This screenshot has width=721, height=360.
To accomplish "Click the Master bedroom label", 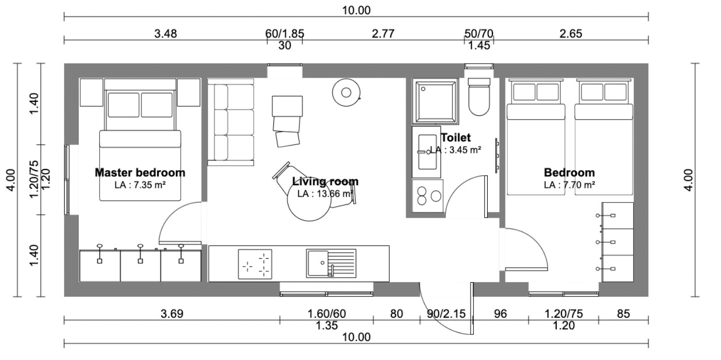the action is [140, 173].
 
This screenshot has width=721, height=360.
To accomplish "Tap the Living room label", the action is [325, 181].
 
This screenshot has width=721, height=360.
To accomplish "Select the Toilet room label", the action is [456, 138].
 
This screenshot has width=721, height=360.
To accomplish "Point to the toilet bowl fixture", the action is [479, 97].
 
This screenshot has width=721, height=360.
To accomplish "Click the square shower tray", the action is [436, 101].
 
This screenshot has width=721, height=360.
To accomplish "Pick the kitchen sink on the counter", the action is [331, 263].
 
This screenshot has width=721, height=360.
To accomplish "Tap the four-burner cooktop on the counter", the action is [255, 263].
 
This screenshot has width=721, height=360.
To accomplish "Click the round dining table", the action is [309, 200].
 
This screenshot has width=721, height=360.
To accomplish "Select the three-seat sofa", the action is [231, 122].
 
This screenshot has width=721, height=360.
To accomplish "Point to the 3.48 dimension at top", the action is [165, 34].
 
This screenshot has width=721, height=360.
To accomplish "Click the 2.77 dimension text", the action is [383, 34].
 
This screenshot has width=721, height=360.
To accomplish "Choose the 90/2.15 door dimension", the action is [446, 314].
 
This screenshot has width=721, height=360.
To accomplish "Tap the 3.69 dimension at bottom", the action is [172, 314].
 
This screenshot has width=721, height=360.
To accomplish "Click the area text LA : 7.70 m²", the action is [569, 185].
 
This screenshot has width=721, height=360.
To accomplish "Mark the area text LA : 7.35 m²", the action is [140, 185].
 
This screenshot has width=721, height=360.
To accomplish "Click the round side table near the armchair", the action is [346, 92].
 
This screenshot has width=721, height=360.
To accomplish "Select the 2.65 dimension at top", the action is [571, 34].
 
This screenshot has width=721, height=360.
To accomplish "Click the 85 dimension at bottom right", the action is [623, 314].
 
